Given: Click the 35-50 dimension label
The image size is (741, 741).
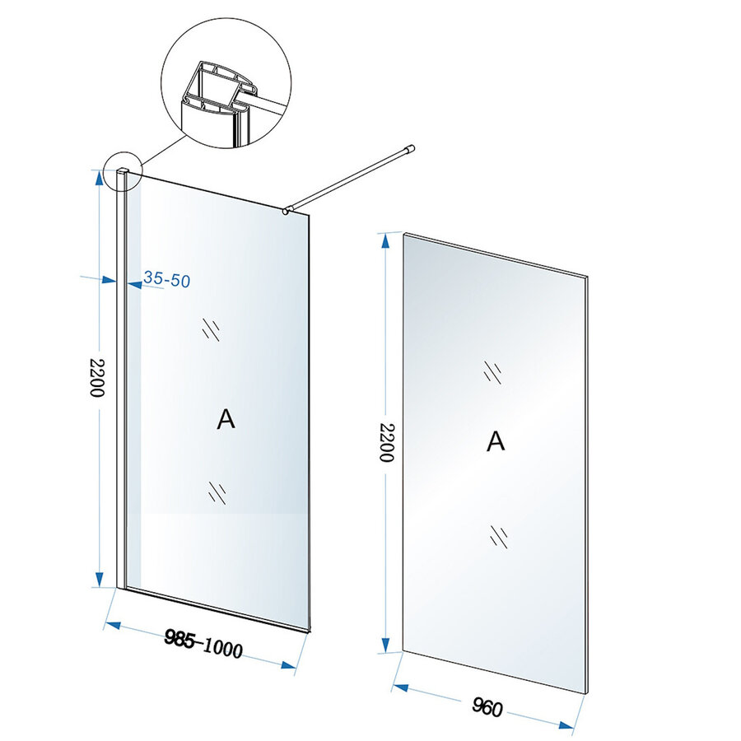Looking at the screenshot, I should click(166, 280).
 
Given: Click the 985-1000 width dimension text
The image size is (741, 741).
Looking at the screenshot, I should click(203, 644).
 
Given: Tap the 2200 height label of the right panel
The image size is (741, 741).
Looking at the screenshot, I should click(384, 442).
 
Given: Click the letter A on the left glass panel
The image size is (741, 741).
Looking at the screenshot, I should click(226, 419).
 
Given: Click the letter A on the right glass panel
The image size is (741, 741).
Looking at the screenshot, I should click(495, 441).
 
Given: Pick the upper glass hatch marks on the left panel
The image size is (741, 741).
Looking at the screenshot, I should click(212, 329).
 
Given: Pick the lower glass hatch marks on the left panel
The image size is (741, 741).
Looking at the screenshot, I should click(217, 492).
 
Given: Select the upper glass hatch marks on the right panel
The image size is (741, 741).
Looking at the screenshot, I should click(493, 372).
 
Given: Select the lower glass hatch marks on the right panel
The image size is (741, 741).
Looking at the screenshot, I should click(497, 536).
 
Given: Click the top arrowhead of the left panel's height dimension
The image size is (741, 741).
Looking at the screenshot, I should click(98, 176).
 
